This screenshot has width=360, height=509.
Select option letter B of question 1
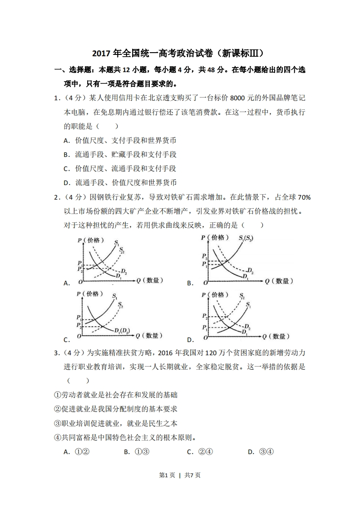pos(66,154)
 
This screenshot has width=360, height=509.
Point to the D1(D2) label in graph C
pos(123,330)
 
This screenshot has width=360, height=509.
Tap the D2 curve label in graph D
pos(247,327)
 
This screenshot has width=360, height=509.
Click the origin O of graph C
pos(80,336)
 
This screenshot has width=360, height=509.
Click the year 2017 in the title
pos(103,54)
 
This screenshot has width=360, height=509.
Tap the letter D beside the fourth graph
pos(190,340)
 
